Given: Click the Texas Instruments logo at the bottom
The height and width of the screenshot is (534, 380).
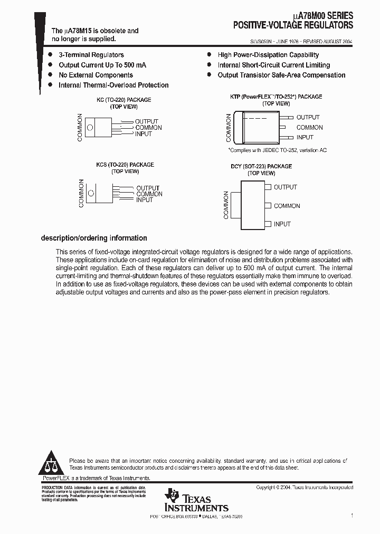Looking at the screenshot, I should coord(196,500).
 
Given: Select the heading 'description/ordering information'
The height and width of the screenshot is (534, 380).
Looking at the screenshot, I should coord(94,238).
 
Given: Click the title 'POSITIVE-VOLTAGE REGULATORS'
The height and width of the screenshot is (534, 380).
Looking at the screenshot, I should coord(293,25).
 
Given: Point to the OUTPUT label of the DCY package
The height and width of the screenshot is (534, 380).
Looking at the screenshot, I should coord(285,187).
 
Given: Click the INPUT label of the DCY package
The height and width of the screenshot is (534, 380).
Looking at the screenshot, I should coord(282,224).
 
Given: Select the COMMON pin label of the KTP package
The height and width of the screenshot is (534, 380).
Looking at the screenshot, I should coord(309,128).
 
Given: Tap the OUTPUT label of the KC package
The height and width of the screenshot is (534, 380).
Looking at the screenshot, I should coord(147,121).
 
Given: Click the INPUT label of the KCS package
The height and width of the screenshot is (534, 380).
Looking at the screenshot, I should coord(144,200).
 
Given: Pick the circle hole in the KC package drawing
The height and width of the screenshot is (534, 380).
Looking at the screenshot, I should coord(90,127).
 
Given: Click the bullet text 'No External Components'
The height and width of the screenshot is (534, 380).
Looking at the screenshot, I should coord(96,75).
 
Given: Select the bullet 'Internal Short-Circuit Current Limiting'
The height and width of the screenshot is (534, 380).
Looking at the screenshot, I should coord(273,65).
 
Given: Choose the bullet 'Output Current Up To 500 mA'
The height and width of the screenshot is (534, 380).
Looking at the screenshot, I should coord(102,65).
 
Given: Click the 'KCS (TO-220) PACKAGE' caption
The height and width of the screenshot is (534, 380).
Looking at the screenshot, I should coord(125,165).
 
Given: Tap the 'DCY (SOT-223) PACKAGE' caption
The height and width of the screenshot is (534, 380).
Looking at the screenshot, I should coord(261,166).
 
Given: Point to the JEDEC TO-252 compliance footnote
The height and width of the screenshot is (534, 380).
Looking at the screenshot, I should coord(277,150).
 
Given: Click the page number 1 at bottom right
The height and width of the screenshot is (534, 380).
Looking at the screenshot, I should coord(351,516).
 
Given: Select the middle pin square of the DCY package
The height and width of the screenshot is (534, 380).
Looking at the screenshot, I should coord(268,206).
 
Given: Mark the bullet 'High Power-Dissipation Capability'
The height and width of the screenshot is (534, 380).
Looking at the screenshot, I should coord(268,55).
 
